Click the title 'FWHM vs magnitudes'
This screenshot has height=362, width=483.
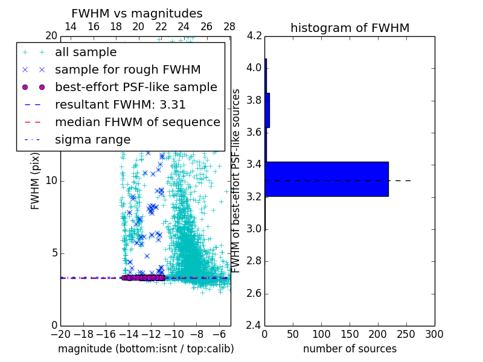coord(137,13)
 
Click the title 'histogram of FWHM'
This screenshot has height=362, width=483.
coord(350,28)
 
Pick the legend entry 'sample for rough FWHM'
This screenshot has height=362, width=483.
coord(127,69)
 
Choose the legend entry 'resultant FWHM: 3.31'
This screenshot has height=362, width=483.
coord(120,104)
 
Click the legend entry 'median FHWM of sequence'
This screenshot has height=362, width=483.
coord(137,122)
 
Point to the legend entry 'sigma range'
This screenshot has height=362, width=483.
coord(92,139)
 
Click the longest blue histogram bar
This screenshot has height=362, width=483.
coord(327,179)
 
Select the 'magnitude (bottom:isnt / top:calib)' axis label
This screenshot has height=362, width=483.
coord(146,349)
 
